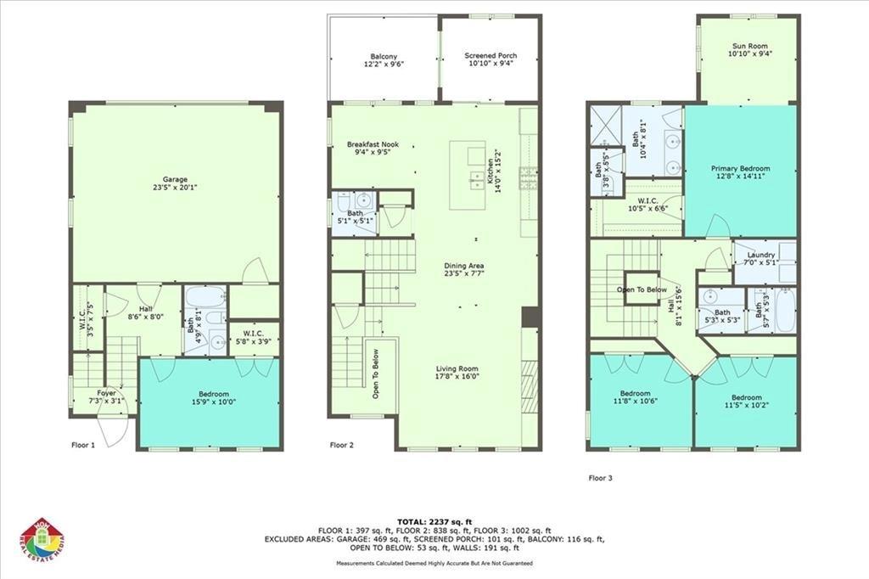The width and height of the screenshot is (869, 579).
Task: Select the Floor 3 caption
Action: tap(600, 478)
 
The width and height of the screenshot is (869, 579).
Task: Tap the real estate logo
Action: tap(42, 541)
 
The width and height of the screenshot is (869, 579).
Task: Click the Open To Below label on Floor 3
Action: tap(642, 289)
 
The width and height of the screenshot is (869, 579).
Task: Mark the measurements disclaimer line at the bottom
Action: tap(434, 563)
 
